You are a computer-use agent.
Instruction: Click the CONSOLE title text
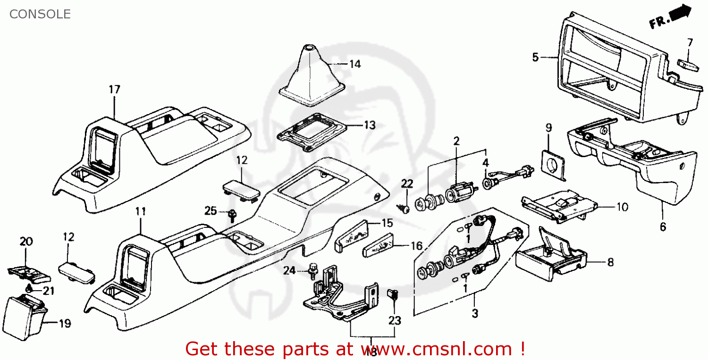[x=40, y=14]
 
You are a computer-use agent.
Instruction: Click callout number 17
[x=115, y=89]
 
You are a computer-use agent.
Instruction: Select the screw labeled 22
[x=404, y=207]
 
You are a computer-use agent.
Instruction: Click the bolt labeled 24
[x=312, y=269]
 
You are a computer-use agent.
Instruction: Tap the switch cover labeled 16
[x=378, y=247]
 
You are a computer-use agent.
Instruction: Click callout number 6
[x=663, y=227]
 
